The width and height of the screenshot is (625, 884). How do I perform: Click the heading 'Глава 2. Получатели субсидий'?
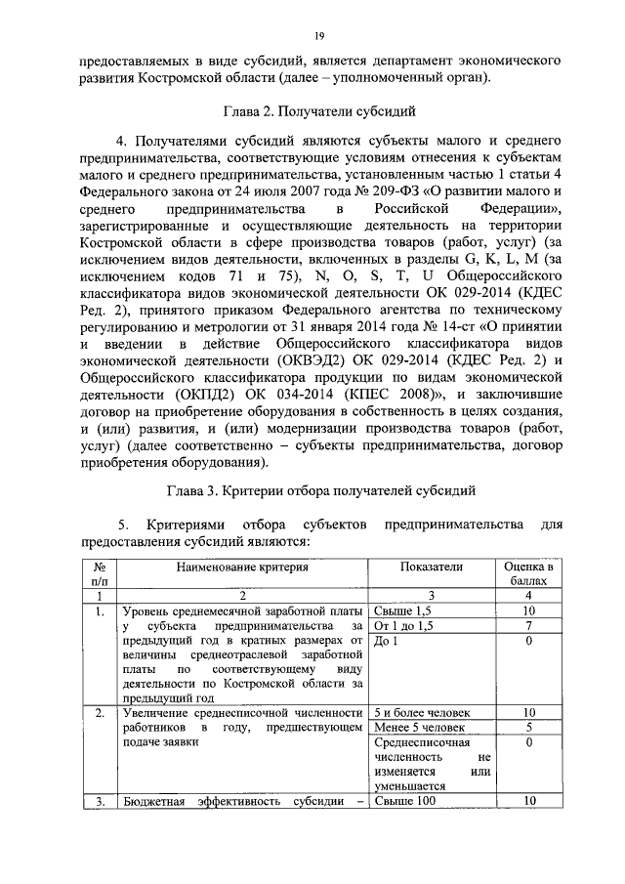[x=318, y=111]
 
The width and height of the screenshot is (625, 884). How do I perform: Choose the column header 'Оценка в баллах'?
[x=528, y=573]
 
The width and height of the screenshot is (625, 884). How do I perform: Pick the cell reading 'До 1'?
[x=387, y=641]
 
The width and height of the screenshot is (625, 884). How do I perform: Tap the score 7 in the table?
[x=528, y=625]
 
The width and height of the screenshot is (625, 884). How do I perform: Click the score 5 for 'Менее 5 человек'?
[x=528, y=727]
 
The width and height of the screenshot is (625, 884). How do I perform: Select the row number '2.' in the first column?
[x=100, y=712]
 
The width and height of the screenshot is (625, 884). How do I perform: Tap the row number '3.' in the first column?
[x=100, y=802]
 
